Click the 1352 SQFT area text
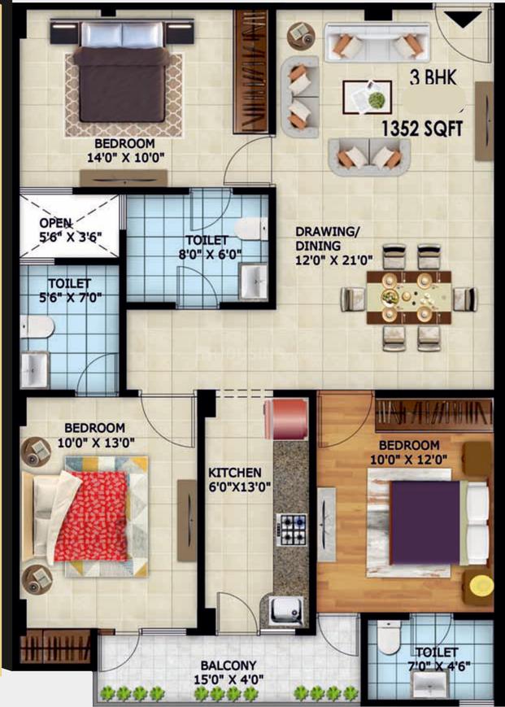point(422,129)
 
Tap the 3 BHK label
point(433,78)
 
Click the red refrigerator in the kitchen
point(286,419)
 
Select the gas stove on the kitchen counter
point(290,527)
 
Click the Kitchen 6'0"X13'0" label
point(239,480)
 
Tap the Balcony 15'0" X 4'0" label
point(229,672)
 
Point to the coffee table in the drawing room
point(367,97)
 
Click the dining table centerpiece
point(388,297)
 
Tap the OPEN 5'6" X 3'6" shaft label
point(70,230)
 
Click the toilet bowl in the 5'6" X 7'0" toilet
point(37,326)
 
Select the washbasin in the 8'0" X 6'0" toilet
point(253,281)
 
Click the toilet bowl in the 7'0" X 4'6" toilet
point(389,637)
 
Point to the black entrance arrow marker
point(463,20)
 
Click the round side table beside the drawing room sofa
point(301,36)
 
